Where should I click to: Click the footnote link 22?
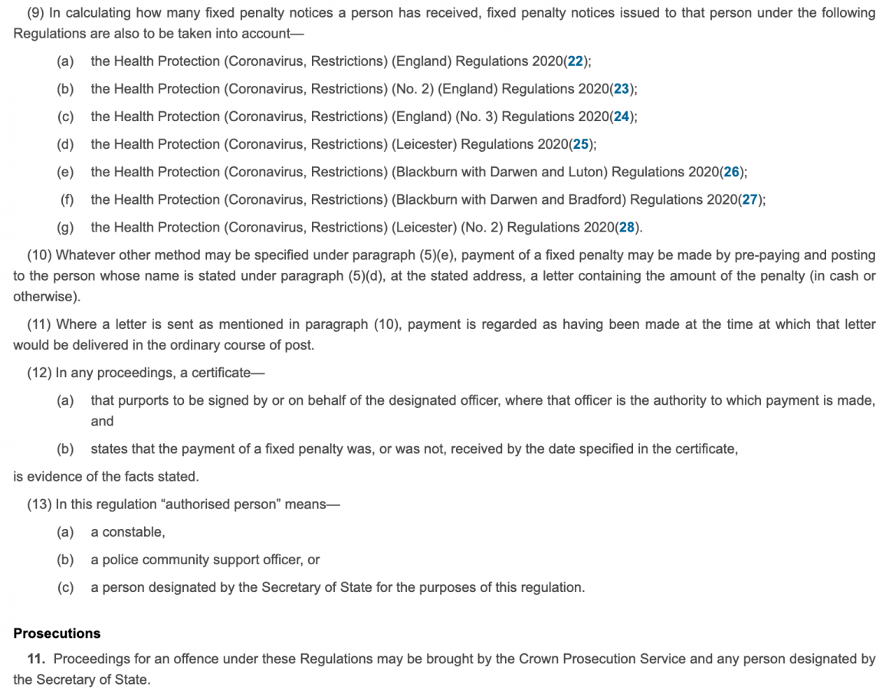coord(576,61)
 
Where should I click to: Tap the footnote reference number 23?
coord(622,89)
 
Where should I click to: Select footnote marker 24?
coord(622,117)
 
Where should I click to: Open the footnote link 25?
coord(581,144)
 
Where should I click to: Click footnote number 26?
coord(732,172)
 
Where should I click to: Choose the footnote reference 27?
coord(750,199)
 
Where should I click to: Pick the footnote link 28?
coord(628,227)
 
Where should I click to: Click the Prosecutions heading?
coord(57,633)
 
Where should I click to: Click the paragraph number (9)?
coord(36,13)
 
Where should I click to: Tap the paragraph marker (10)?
coord(40,255)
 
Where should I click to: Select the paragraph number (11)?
coord(40,324)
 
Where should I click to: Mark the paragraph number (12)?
coord(40,373)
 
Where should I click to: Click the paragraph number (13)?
coord(40,504)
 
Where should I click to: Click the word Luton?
coord(588,172)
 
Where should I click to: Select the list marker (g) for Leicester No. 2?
coord(65,227)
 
